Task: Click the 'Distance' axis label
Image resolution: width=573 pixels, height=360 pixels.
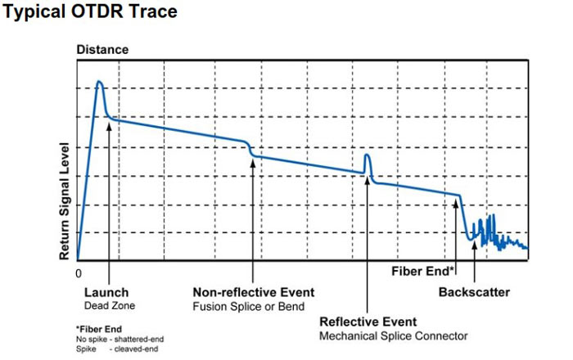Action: [x=102, y=50]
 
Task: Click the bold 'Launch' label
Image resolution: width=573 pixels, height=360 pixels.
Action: [x=106, y=292]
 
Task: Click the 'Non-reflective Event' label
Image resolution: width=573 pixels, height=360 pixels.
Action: [x=253, y=292]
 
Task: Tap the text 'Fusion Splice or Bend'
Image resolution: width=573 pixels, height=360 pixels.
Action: [x=248, y=307]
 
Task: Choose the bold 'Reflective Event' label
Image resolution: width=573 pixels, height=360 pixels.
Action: [x=368, y=322]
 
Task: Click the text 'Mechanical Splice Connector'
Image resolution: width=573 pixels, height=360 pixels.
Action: [x=393, y=336]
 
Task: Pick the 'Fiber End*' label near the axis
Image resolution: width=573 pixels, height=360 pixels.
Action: [x=422, y=269]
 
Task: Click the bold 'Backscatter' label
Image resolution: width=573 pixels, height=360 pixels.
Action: [x=474, y=292]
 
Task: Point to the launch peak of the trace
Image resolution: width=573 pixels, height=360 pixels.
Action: [x=99, y=83]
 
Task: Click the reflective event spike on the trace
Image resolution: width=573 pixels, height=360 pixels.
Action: [x=368, y=156]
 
